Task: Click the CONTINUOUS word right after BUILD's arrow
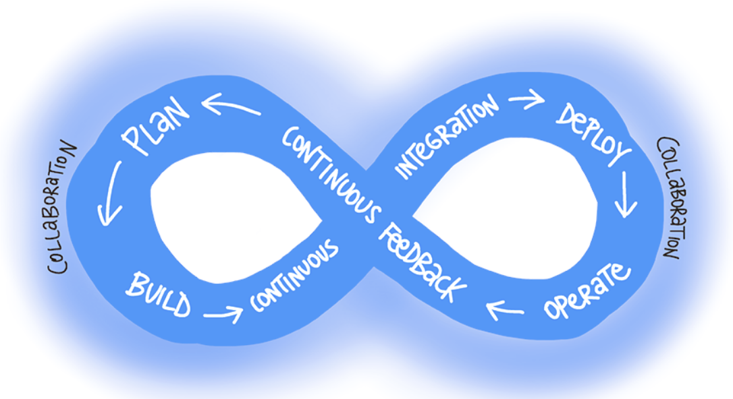point(294,278)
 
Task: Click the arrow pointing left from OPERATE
point(505,309)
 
